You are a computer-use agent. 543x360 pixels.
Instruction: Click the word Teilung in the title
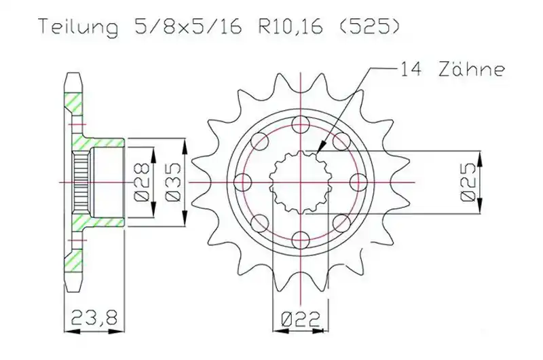(78, 27)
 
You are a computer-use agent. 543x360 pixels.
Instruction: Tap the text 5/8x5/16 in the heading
(189, 26)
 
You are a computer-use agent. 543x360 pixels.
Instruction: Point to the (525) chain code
(369, 26)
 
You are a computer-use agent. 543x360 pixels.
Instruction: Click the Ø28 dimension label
(141, 182)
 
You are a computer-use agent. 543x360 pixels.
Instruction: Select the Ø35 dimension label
(172, 182)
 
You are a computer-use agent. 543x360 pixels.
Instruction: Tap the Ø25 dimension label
(468, 182)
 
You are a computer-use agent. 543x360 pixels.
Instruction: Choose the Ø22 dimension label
(300, 319)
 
